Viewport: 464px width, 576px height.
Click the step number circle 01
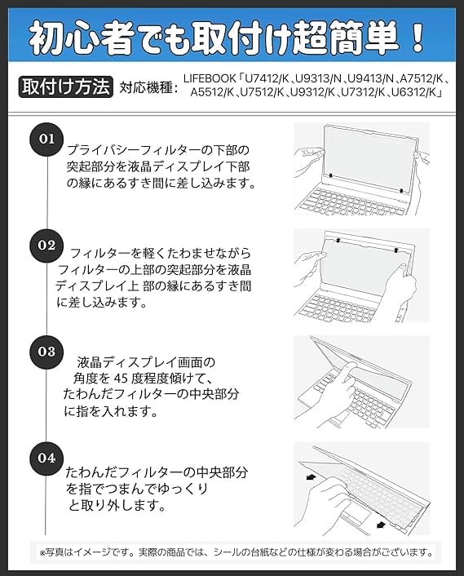pos(46,140)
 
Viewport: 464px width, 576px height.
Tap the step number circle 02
pos(46,246)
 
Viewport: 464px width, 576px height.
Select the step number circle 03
pos(46,352)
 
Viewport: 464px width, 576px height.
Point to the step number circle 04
pos(46,458)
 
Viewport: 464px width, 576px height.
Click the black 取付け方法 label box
pos(66,87)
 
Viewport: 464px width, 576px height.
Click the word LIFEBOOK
pos(210,78)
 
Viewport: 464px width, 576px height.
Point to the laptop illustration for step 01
pos(361,169)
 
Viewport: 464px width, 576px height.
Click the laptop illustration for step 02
pos(361,276)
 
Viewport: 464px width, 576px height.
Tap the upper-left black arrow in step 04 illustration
pos(311,477)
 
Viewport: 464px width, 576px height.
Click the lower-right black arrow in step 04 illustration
pos(381,525)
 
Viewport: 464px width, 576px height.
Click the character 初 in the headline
pos(44,38)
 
